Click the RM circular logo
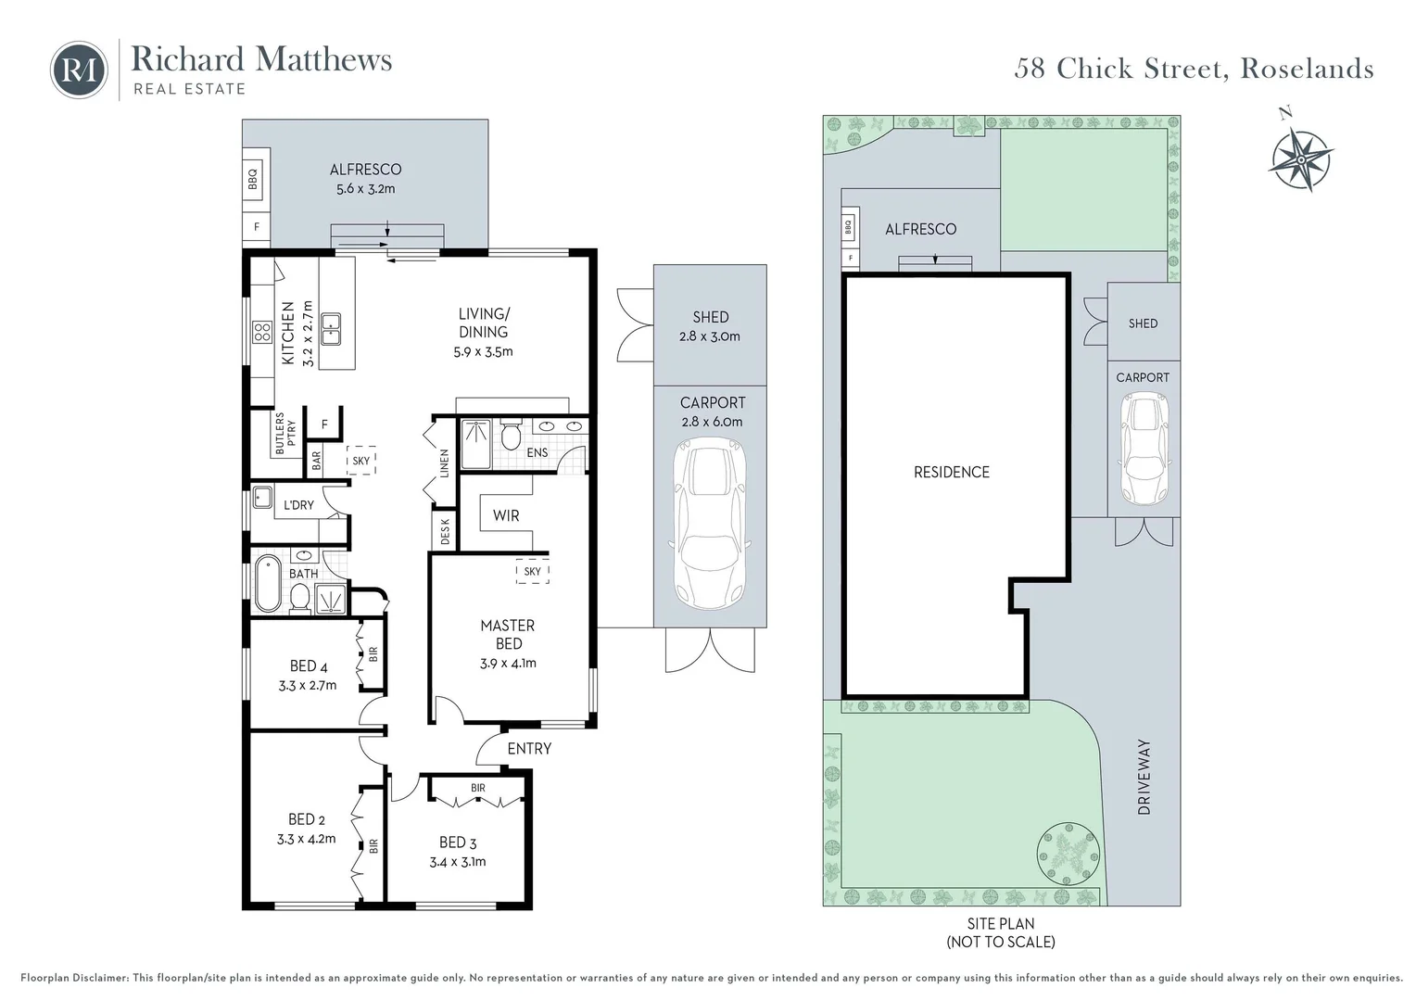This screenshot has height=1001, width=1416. click(x=79, y=70)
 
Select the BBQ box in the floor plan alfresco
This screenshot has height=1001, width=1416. click(x=252, y=178)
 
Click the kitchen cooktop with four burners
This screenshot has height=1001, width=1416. click(x=262, y=332)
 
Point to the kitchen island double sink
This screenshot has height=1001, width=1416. click(x=331, y=329)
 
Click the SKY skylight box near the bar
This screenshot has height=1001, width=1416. click(x=361, y=461)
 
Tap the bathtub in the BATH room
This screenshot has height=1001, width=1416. click(x=268, y=583)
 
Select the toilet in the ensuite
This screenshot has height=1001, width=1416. click(x=511, y=435)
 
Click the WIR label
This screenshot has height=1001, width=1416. click(x=506, y=515)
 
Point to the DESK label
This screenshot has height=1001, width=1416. click(x=445, y=531)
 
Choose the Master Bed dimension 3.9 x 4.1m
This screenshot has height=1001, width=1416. click(x=508, y=664)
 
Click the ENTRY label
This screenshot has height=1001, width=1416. click(x=529, y=749)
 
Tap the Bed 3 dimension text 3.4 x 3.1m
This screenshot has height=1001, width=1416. click(x=458, y=862)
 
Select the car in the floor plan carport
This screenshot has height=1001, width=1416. click(x=711, y=524)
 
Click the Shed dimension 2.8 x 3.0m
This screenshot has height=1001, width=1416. click(x=710, y=336)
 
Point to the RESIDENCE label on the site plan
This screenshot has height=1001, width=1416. click(x=952, y=472)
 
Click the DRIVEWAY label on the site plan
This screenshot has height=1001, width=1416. click(x=1144, y=777)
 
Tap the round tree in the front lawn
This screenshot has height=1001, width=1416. click(x=1068, y=854)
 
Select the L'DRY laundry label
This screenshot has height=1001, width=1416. click(x=298, y=504)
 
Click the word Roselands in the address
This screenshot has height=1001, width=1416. click(x=1308, y=69)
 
